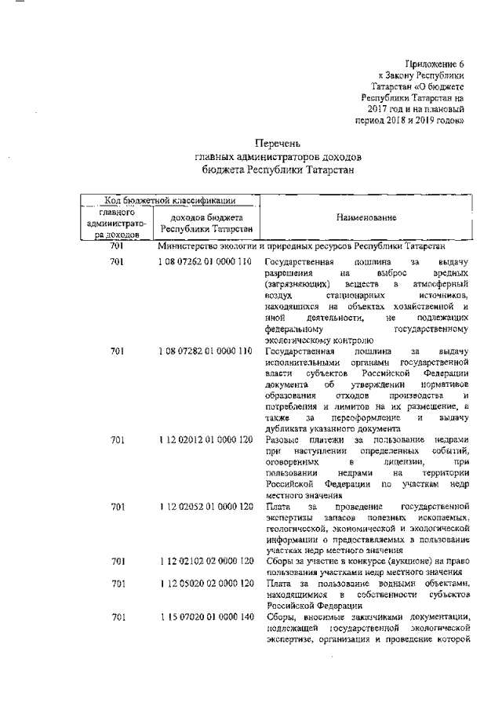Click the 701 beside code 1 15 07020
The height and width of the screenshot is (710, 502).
click(118, 618)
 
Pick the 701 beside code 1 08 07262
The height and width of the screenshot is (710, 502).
click(118, 261)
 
